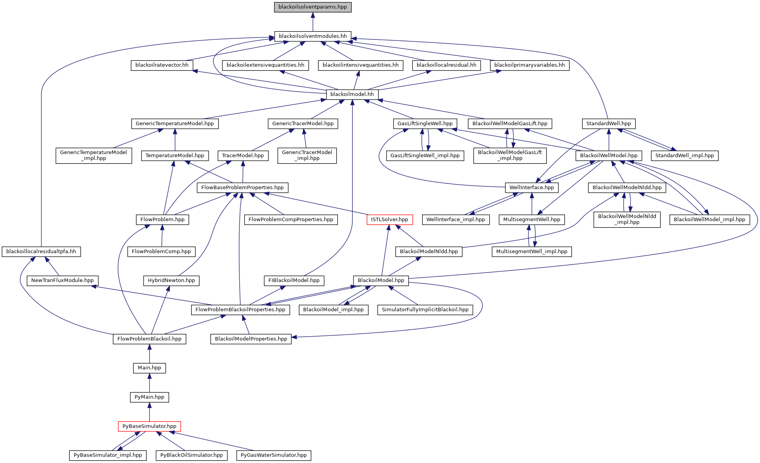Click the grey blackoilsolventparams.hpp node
313,7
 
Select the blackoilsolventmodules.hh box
313,36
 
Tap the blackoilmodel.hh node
352,94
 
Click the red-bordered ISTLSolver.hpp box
389,220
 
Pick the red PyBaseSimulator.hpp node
149,426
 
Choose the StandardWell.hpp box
609,124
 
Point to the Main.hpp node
149,368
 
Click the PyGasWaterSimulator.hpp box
273,455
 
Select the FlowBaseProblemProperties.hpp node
242,188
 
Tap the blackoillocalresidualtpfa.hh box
41,252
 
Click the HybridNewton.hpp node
171,280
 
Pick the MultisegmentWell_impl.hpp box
532,252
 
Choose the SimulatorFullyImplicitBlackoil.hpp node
425,310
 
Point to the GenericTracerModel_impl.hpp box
307,155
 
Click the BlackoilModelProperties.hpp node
251,339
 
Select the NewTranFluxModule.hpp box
62,280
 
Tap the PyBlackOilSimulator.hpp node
192,455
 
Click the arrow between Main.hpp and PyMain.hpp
149,382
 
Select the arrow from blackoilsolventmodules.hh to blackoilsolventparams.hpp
313,21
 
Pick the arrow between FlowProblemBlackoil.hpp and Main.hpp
149,353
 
